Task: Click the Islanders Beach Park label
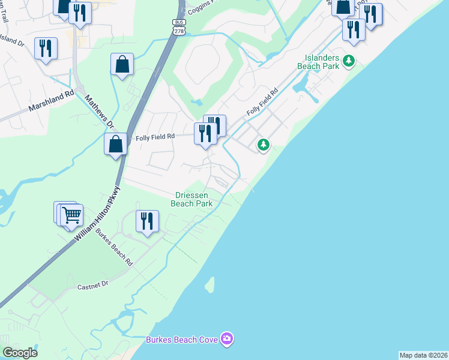click(318, 62)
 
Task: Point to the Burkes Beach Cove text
click(181, 340)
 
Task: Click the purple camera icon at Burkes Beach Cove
click(226, 340)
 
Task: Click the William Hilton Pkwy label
click(98, 214)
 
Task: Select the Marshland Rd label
click(51, 102)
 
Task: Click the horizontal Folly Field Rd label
click(155, 137)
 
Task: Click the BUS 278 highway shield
click(178, 27)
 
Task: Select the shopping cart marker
click(71, 214)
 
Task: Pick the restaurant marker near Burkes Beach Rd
click(147, 221)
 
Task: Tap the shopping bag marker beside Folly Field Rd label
click(116, 145)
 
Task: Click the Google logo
click(20, 353)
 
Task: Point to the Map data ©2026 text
click(423, 355)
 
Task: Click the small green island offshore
click(210, 285)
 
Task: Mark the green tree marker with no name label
click(263, 144)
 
